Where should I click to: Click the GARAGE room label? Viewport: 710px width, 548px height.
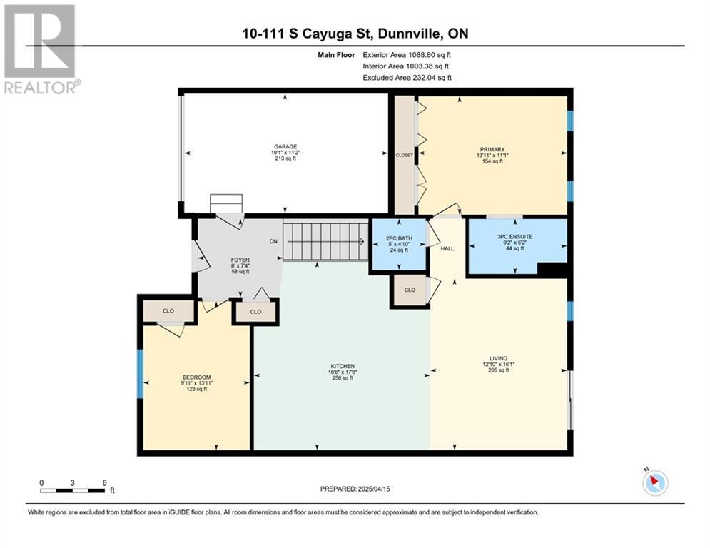tap(285, 146)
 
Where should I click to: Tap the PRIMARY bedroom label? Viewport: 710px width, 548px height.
tap(492, 149)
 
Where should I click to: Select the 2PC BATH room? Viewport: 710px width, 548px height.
tap(399, 244)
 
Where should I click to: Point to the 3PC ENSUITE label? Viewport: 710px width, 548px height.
tap(515, 236)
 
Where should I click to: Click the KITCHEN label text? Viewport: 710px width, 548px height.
tap(343, 366)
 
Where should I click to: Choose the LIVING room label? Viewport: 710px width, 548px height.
tap(498, 358)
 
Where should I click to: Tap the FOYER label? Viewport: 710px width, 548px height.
tap(240, 260)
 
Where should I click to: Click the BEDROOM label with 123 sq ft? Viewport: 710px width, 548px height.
tap(196, 377)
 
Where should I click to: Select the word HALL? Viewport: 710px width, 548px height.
tap(447, 248)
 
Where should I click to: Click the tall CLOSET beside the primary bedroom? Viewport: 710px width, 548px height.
tap(405, 155)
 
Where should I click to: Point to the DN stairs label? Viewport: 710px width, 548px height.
tap(273, 241)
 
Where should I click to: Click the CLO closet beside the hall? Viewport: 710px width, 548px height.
tap(410, 290)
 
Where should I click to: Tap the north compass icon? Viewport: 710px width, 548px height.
tap(655, 482)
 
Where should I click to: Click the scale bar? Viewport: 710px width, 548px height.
tap(73, 490)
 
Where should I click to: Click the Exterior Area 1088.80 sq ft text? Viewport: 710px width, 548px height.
tap(407, 55)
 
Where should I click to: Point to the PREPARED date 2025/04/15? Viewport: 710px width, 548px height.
tap(355, 489)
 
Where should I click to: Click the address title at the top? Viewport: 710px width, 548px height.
tap(355, 34)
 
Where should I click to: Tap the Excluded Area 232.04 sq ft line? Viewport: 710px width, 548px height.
tap(407, 78)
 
